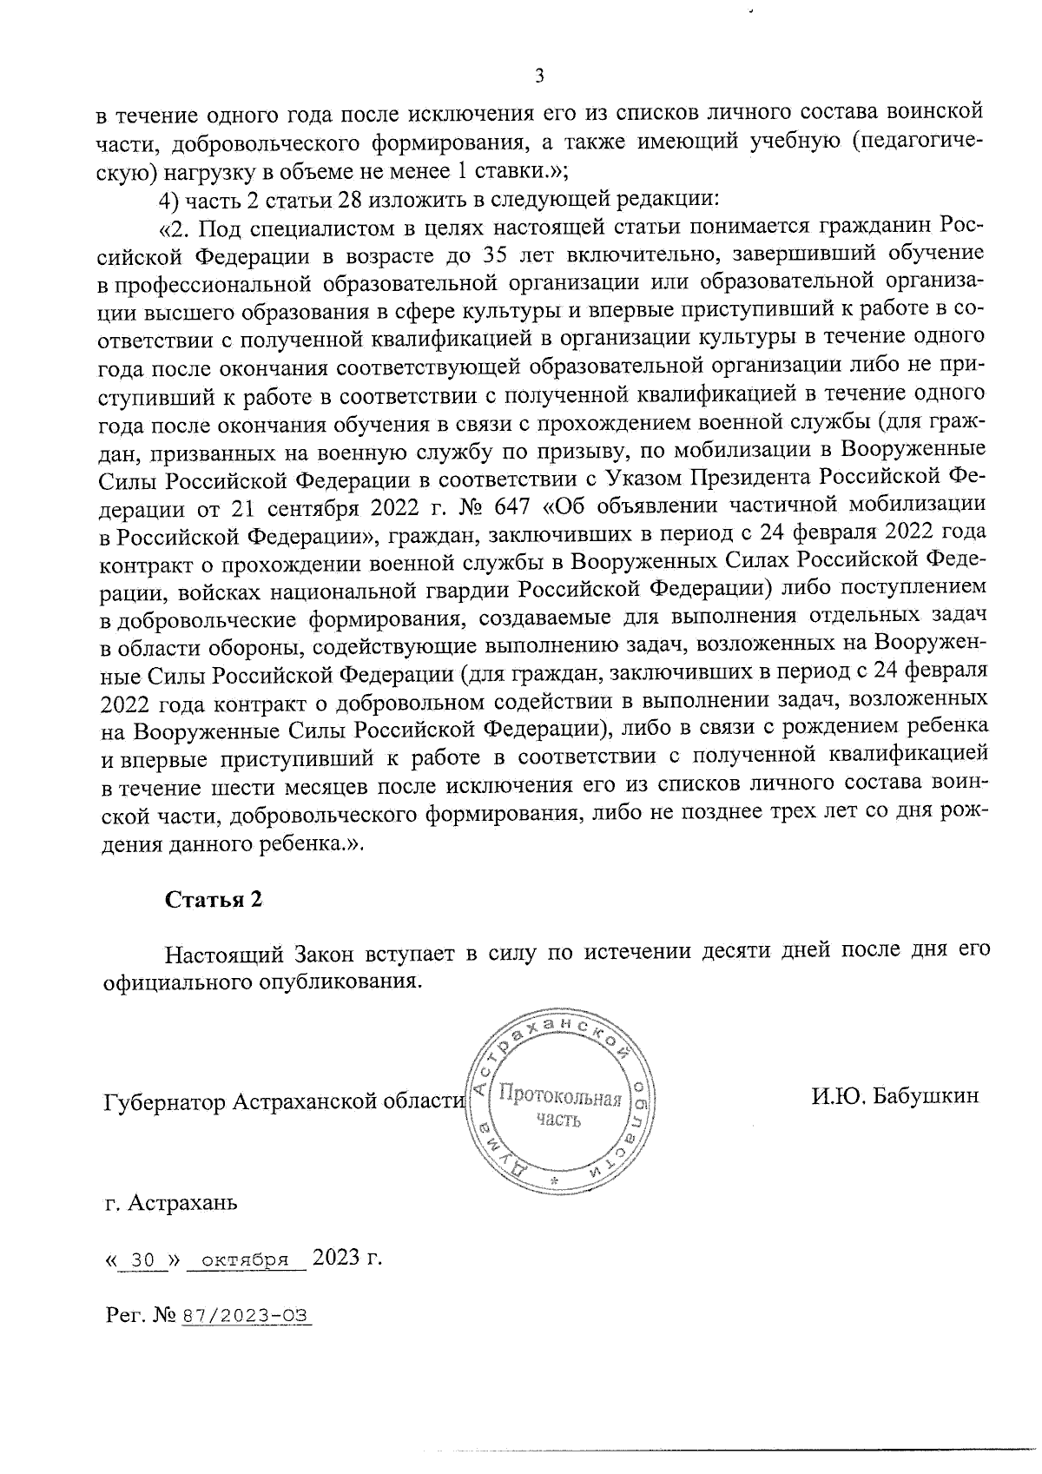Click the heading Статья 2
214,900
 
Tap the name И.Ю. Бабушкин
895,1096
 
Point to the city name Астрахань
182,1204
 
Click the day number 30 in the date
142,1259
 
